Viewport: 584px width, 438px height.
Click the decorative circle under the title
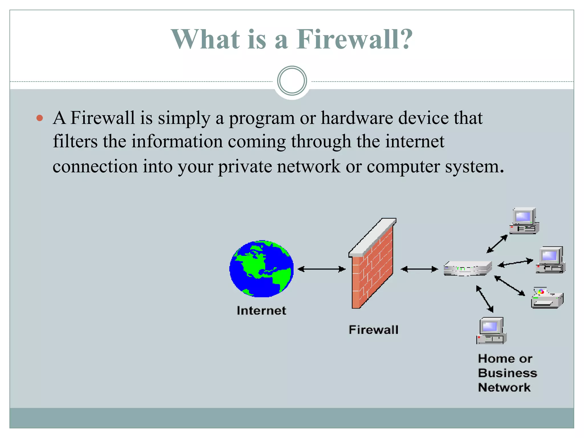coord(292,81)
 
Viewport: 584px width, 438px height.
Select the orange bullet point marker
coord(40,118)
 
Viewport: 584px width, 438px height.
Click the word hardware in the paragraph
coord(357,118)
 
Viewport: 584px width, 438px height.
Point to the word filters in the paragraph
coord(75,141)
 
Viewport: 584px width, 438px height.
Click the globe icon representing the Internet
coord(261,269)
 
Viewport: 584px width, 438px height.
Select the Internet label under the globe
coord(261,311)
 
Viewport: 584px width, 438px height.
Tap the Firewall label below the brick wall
coord(373,330)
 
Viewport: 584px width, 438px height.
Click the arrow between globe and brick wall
coord(322,269)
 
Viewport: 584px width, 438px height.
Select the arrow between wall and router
coord(419,269)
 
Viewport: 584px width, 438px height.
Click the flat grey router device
coord(467,268)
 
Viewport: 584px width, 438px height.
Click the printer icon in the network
coord(547,298)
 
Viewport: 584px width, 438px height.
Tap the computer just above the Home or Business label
coord(491,331)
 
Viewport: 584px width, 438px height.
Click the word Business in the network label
coord(508,373)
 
